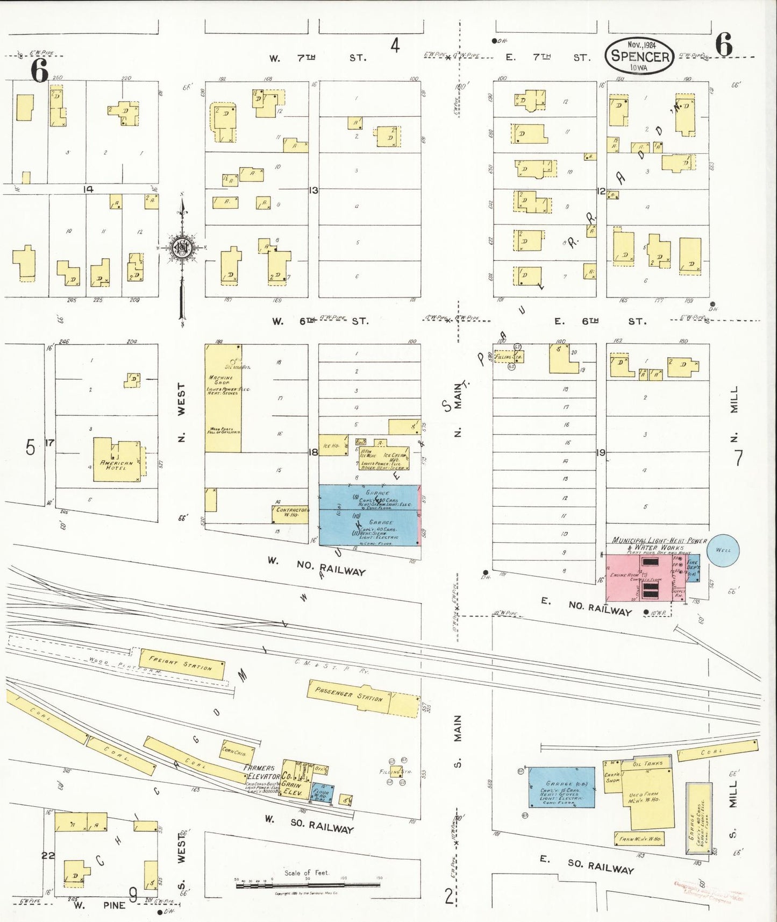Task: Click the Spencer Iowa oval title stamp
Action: click(x=640, y=56)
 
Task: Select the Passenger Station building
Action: click(x=363, y=698)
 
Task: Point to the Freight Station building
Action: click(x=181, y=663)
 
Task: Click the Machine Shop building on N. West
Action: click(x=223, y=398)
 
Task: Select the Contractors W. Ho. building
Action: click(x=290, y=513)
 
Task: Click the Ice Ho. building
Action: click(x=333, y=445)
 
